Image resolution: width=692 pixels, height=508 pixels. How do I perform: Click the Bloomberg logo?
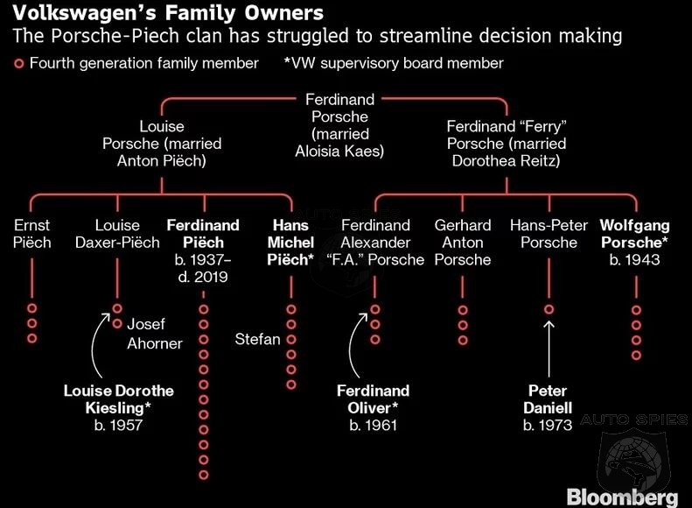622,497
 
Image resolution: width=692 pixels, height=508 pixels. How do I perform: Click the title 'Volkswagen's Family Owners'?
168,13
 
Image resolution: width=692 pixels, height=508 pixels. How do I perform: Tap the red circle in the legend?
18,64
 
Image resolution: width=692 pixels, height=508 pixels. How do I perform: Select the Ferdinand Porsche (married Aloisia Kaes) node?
339,125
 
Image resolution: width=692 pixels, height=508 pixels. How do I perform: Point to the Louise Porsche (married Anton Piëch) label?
162,144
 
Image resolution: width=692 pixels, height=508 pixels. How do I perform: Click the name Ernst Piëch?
31,234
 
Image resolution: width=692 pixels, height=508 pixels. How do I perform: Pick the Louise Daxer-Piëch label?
117,234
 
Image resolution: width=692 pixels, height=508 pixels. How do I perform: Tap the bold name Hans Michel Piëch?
290,242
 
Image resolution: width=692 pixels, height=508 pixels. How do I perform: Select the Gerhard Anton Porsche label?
463,242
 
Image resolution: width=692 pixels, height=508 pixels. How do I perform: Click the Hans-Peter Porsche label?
549,234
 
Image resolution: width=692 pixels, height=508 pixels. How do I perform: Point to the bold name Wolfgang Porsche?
634,234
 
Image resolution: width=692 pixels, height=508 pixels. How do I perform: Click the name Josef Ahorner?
155,334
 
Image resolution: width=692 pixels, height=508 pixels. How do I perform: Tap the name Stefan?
257,339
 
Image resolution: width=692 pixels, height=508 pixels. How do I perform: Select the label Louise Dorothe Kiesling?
119,399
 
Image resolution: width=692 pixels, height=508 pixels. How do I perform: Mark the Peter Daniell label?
548,399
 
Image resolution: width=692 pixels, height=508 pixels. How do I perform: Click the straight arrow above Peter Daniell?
549,349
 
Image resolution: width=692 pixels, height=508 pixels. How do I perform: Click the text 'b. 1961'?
374,425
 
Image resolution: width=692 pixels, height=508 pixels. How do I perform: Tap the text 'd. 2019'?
203,277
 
